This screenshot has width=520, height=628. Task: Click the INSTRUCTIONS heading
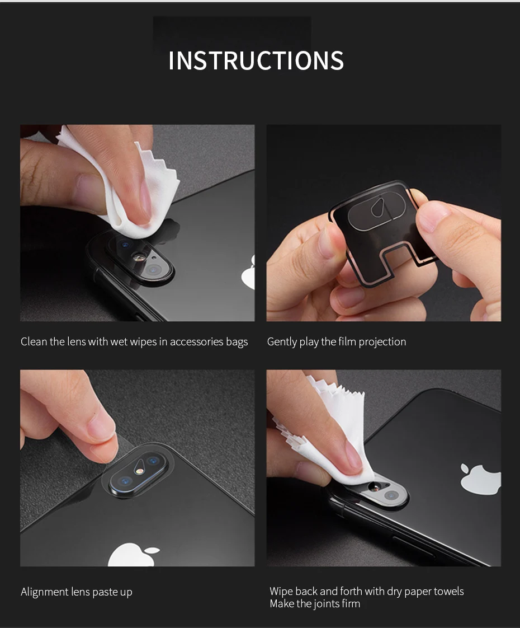(x=256, y=60)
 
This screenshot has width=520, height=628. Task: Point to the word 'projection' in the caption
(x=382, y=342)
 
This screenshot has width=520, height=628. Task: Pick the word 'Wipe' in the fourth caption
(x=281, y=591)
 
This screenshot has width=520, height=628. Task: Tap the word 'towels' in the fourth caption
(x=448, y=591)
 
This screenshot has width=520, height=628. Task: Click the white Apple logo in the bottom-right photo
(x=481, y=479)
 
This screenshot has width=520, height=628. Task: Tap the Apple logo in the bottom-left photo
(x=133, y=555)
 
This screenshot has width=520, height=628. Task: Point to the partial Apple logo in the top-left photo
(x=249, y=272)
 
